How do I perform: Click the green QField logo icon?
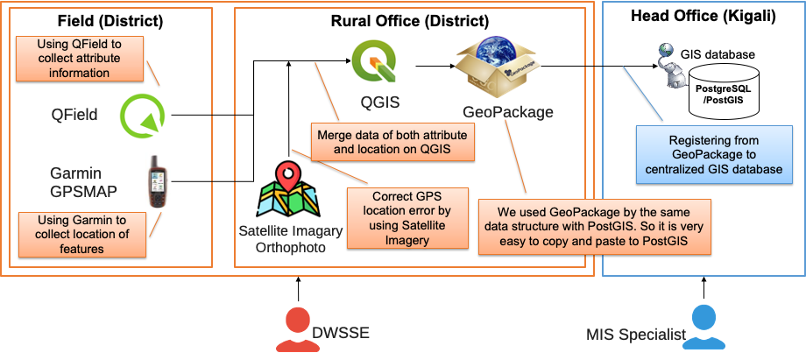tap(141, 115)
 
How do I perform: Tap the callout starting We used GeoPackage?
tap(594, 226)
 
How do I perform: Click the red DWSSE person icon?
tap(297, 328)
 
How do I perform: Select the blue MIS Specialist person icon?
tap(702, 328)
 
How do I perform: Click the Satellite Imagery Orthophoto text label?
tap(282, 238)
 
